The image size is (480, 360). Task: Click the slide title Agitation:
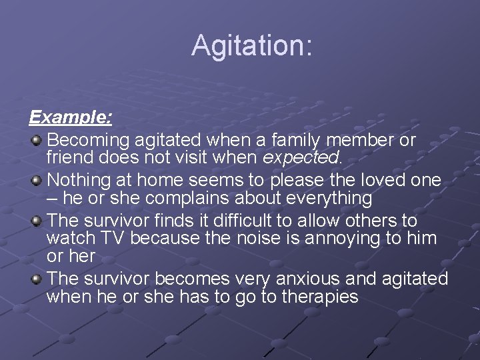[251, 46]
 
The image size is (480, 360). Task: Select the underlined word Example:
[70, 118]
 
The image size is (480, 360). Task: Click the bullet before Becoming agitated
[36, 140]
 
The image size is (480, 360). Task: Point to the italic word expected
[302, 159]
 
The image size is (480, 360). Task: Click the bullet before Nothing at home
[36, 180]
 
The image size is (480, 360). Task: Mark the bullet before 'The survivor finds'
[36, 220]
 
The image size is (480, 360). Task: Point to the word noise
[251, 239]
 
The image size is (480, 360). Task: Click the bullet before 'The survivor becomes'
[36, 278]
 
